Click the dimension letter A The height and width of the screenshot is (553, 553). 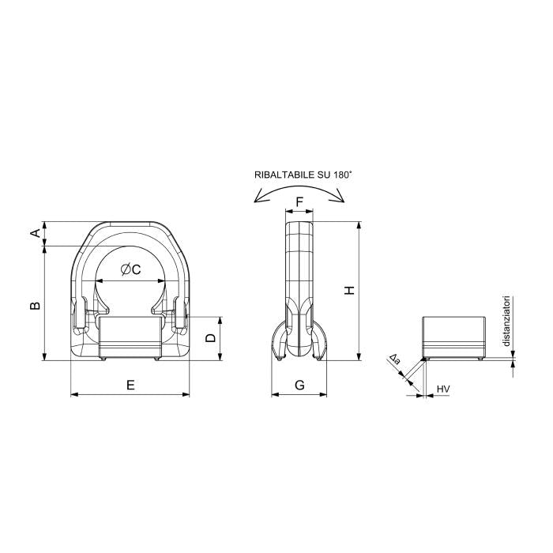click(x=35, y=233)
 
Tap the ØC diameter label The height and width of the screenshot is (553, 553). click(x=130, y=269)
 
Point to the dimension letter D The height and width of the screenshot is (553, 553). click(x=211, y=338)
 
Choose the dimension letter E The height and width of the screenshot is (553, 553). click(x=130, y=385)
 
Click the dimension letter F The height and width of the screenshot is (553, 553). click(x=299, y=202)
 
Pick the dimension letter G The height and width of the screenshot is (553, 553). click(x=299, y=385)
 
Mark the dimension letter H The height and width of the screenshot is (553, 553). click(x=349, y=291)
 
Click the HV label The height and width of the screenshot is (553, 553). click(x=443, y=389)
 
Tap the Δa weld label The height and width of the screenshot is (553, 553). click(x=395, y=359)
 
